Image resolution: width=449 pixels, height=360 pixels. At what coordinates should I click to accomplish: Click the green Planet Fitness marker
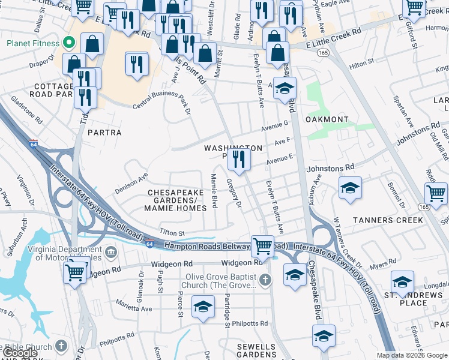pos(69,43)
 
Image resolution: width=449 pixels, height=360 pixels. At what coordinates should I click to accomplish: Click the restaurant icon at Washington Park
pos(240,160)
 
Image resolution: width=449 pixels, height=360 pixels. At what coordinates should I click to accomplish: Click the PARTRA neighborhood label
pos(104,133)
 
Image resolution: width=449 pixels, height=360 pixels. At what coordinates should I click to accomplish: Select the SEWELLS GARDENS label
pos(256,350)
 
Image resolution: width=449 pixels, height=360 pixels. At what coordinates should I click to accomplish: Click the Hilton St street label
pos(361,61)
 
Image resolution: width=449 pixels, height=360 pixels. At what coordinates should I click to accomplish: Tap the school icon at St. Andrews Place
pos(402,281)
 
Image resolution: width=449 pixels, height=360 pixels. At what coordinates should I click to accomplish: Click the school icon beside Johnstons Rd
pos(350,187)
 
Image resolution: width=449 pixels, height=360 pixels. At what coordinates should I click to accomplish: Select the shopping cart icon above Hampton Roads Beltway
pos(262,245)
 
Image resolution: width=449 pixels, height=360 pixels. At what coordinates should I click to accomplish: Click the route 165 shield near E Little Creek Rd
pos(324,53)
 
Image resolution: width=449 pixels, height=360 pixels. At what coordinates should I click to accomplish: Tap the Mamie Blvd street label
pos(214,191)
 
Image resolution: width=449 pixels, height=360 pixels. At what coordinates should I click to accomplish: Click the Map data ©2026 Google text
pos(411,355)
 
